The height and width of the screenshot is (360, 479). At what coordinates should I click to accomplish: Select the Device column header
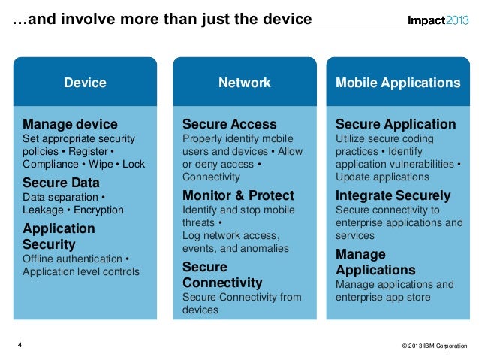(x=85, y=83)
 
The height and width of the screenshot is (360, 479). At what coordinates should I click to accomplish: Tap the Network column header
(x=244, y=83)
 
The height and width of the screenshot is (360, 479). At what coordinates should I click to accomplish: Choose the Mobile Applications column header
(x=398, y=83)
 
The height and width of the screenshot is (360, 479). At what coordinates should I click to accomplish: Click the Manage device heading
(x=70, y=124)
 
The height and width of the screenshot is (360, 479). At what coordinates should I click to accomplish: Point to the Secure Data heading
(x=61, y=183)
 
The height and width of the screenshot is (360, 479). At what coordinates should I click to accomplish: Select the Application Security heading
(x=59, y=236)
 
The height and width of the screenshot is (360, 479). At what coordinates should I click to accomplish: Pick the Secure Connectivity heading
(x=222, y=275)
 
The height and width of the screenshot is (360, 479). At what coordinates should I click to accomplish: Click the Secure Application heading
(x=396, y=124)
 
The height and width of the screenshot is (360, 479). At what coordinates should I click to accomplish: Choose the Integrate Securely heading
(x=393, y=196)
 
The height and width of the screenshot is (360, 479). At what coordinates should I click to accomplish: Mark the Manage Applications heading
(x=375, y=262)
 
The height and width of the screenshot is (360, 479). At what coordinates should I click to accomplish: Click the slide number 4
(x=20, y=345)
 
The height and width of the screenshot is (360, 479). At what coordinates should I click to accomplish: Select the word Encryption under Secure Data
(x=99, y=210)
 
